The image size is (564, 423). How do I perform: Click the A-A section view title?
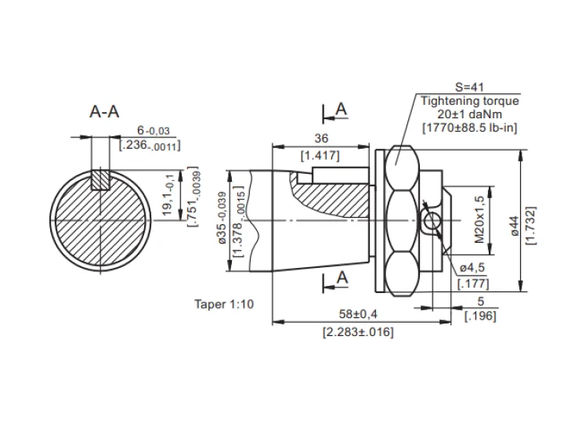(x=104, y=111)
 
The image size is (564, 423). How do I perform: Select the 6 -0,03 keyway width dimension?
(x=154, y=130)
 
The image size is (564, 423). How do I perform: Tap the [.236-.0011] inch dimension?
(x=150, y=146)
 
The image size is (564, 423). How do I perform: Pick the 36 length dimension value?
(x=321, y=138)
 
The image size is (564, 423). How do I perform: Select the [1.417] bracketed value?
(x=320, y=156)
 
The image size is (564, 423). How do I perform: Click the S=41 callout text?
(x=470, y=87)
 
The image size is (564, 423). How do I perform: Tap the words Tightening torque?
(x=470, y=101)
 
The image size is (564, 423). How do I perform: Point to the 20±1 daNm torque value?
(x=470, y=114)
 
